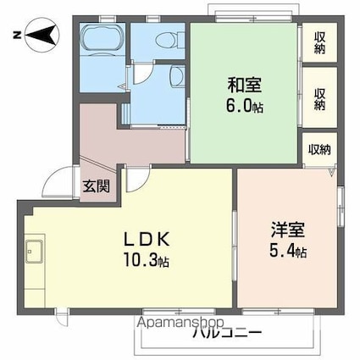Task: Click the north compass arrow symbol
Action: pos(38,36)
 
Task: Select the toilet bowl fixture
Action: pos(169,39)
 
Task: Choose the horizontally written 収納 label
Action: pos(319,149)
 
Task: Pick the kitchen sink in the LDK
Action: pos(36,252)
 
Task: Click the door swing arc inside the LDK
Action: pos(136,179)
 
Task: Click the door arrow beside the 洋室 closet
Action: pos(334,171)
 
